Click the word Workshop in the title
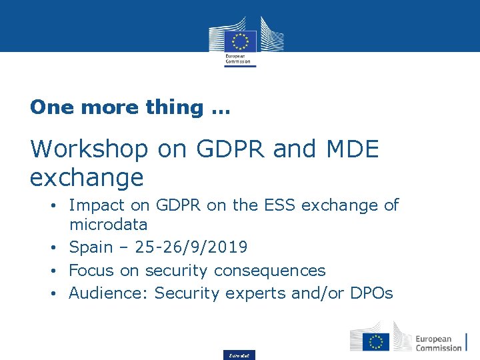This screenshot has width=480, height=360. point(89,149)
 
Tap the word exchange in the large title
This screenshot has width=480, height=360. point(87,178)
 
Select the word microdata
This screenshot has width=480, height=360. point(108,225)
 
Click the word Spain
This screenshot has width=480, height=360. point(91,248)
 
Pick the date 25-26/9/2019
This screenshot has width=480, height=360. point(191,247)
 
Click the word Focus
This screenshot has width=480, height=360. point(91,270)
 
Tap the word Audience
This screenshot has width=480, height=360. point(109,293)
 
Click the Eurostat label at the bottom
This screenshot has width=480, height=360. point(239,355)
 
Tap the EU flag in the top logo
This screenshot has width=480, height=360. point(240,41)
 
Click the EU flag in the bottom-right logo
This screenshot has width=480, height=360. point(375,341)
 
